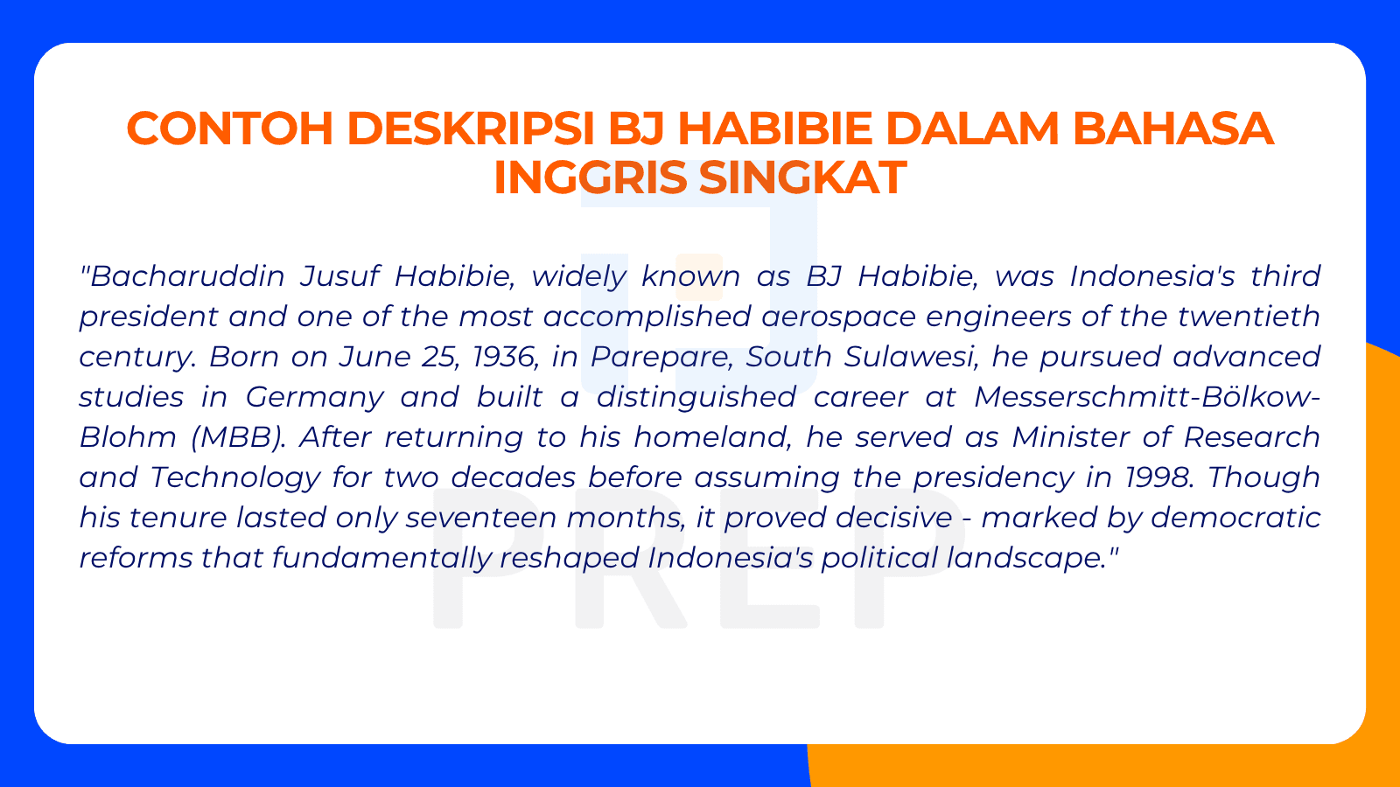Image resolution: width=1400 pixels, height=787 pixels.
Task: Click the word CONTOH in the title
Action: pos(230,129)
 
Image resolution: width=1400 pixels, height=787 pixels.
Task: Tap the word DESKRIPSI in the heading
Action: pos(471,129)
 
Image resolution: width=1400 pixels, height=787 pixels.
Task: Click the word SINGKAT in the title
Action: pos(802,178)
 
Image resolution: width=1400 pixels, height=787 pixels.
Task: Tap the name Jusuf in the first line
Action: pos(339,276)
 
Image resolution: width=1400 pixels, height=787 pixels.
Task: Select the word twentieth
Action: pos(1249,317)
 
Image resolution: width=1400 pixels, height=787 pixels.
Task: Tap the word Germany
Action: pos(314,397)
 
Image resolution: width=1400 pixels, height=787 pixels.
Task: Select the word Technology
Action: pos(234,477)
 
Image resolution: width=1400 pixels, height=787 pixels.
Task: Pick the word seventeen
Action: pos(480,518)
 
